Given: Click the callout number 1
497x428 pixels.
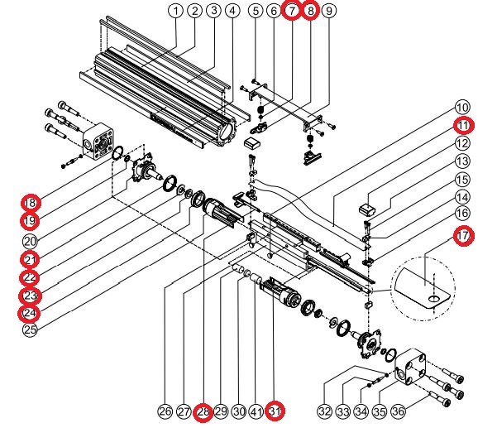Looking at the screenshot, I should [x=175, y=12].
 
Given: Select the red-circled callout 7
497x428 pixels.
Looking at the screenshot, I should [x=292, y=12].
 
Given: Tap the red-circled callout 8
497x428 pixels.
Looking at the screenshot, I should [x=310, y=12].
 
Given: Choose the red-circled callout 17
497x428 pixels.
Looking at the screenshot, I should [x=464, y=235].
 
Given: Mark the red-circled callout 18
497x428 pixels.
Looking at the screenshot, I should [x=31, y=203].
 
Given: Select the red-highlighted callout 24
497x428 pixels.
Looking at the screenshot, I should [x=31, y=313].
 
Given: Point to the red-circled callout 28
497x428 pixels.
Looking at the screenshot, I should [x=203, y=410].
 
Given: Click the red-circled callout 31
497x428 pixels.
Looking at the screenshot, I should [x=275, y=410].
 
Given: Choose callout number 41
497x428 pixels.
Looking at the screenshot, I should [x=256, y=410].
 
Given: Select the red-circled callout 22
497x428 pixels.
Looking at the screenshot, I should [x=31, y=277].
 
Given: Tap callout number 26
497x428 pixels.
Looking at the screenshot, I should [x=165, y=410].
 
